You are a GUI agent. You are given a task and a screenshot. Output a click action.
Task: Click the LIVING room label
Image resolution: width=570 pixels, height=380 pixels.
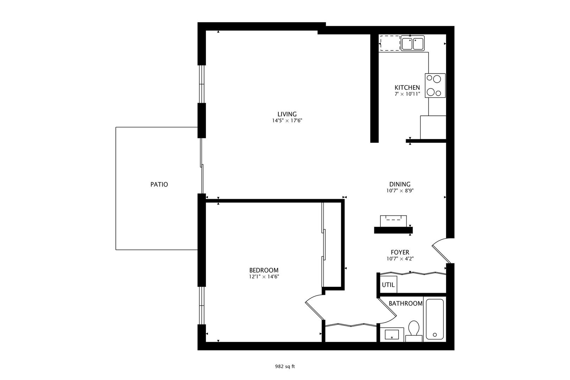click(287, 114)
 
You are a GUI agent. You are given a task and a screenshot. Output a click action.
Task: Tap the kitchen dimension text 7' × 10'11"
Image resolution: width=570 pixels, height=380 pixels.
click(407, 94)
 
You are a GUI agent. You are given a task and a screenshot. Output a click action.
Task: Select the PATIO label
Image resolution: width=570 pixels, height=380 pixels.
click(159, 184)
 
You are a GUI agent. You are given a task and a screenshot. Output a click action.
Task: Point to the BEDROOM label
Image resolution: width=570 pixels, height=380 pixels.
click(264, 270)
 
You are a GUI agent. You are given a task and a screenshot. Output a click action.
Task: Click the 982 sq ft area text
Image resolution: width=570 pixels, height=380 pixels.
click(285, 367)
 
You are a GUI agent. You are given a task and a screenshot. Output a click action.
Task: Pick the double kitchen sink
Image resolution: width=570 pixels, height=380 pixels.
click(413, 43)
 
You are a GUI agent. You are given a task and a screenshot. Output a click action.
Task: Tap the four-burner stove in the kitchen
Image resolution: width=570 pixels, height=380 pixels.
click(435, 85)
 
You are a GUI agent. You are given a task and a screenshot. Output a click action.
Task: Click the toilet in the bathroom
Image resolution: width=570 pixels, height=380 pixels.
click(414, 331)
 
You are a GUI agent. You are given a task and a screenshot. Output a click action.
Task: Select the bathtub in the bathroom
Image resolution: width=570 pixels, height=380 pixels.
click(435, 319)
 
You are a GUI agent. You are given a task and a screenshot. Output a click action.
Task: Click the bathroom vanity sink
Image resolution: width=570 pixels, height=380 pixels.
click(392, 335)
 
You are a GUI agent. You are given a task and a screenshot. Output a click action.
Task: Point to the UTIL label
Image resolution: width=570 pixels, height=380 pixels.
click(388, 285)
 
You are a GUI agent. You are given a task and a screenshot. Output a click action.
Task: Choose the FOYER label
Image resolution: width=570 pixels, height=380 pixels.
click(400, 252)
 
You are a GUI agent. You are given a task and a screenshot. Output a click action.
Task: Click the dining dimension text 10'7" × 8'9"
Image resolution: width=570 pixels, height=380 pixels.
click(400, 191)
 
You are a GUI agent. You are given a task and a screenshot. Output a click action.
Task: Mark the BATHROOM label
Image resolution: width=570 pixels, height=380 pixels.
click(406, 303)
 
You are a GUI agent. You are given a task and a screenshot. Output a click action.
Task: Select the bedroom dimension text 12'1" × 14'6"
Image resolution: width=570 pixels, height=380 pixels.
click(264, 277)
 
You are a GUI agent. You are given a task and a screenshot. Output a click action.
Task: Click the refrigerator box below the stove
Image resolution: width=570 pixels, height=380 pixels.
click(433, 127)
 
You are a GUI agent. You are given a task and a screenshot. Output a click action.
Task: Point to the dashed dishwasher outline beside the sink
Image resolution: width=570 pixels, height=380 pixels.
click(390, 43)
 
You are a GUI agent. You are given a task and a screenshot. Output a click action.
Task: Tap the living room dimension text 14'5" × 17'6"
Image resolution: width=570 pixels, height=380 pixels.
click(287, 121)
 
